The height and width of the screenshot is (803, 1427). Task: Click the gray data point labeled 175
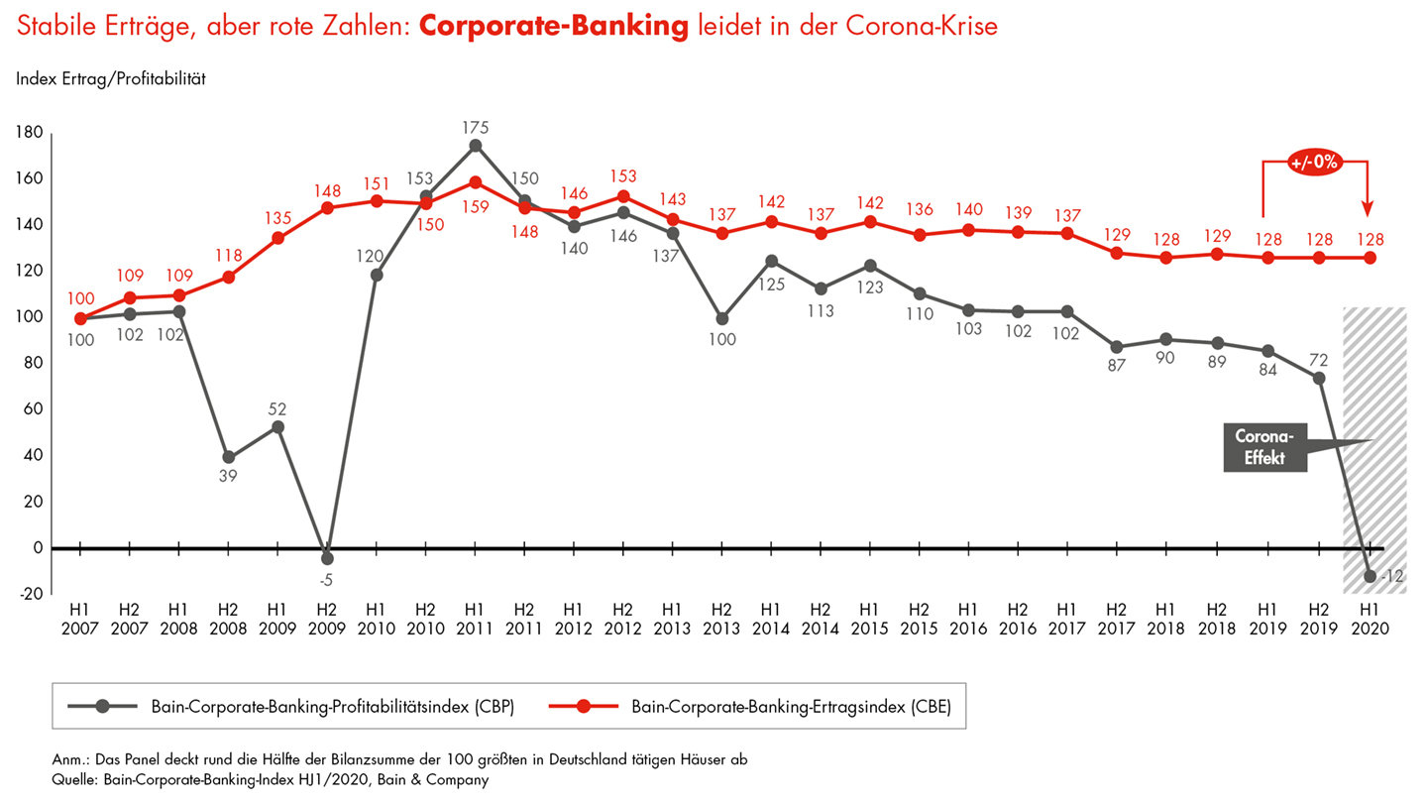(475, 146)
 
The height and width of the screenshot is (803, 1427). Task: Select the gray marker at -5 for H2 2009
(327, 558)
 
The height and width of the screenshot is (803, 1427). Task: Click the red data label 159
(475, 207)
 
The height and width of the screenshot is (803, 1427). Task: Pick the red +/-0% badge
(1315, 163)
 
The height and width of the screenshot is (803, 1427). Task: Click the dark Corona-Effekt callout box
(1264, 446)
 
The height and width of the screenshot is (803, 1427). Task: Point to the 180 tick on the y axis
(29, 133)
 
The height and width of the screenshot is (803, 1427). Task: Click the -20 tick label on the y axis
(30, 594)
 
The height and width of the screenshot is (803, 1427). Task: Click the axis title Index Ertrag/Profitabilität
(111, 78)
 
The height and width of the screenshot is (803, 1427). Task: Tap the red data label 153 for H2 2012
(623, 175)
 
